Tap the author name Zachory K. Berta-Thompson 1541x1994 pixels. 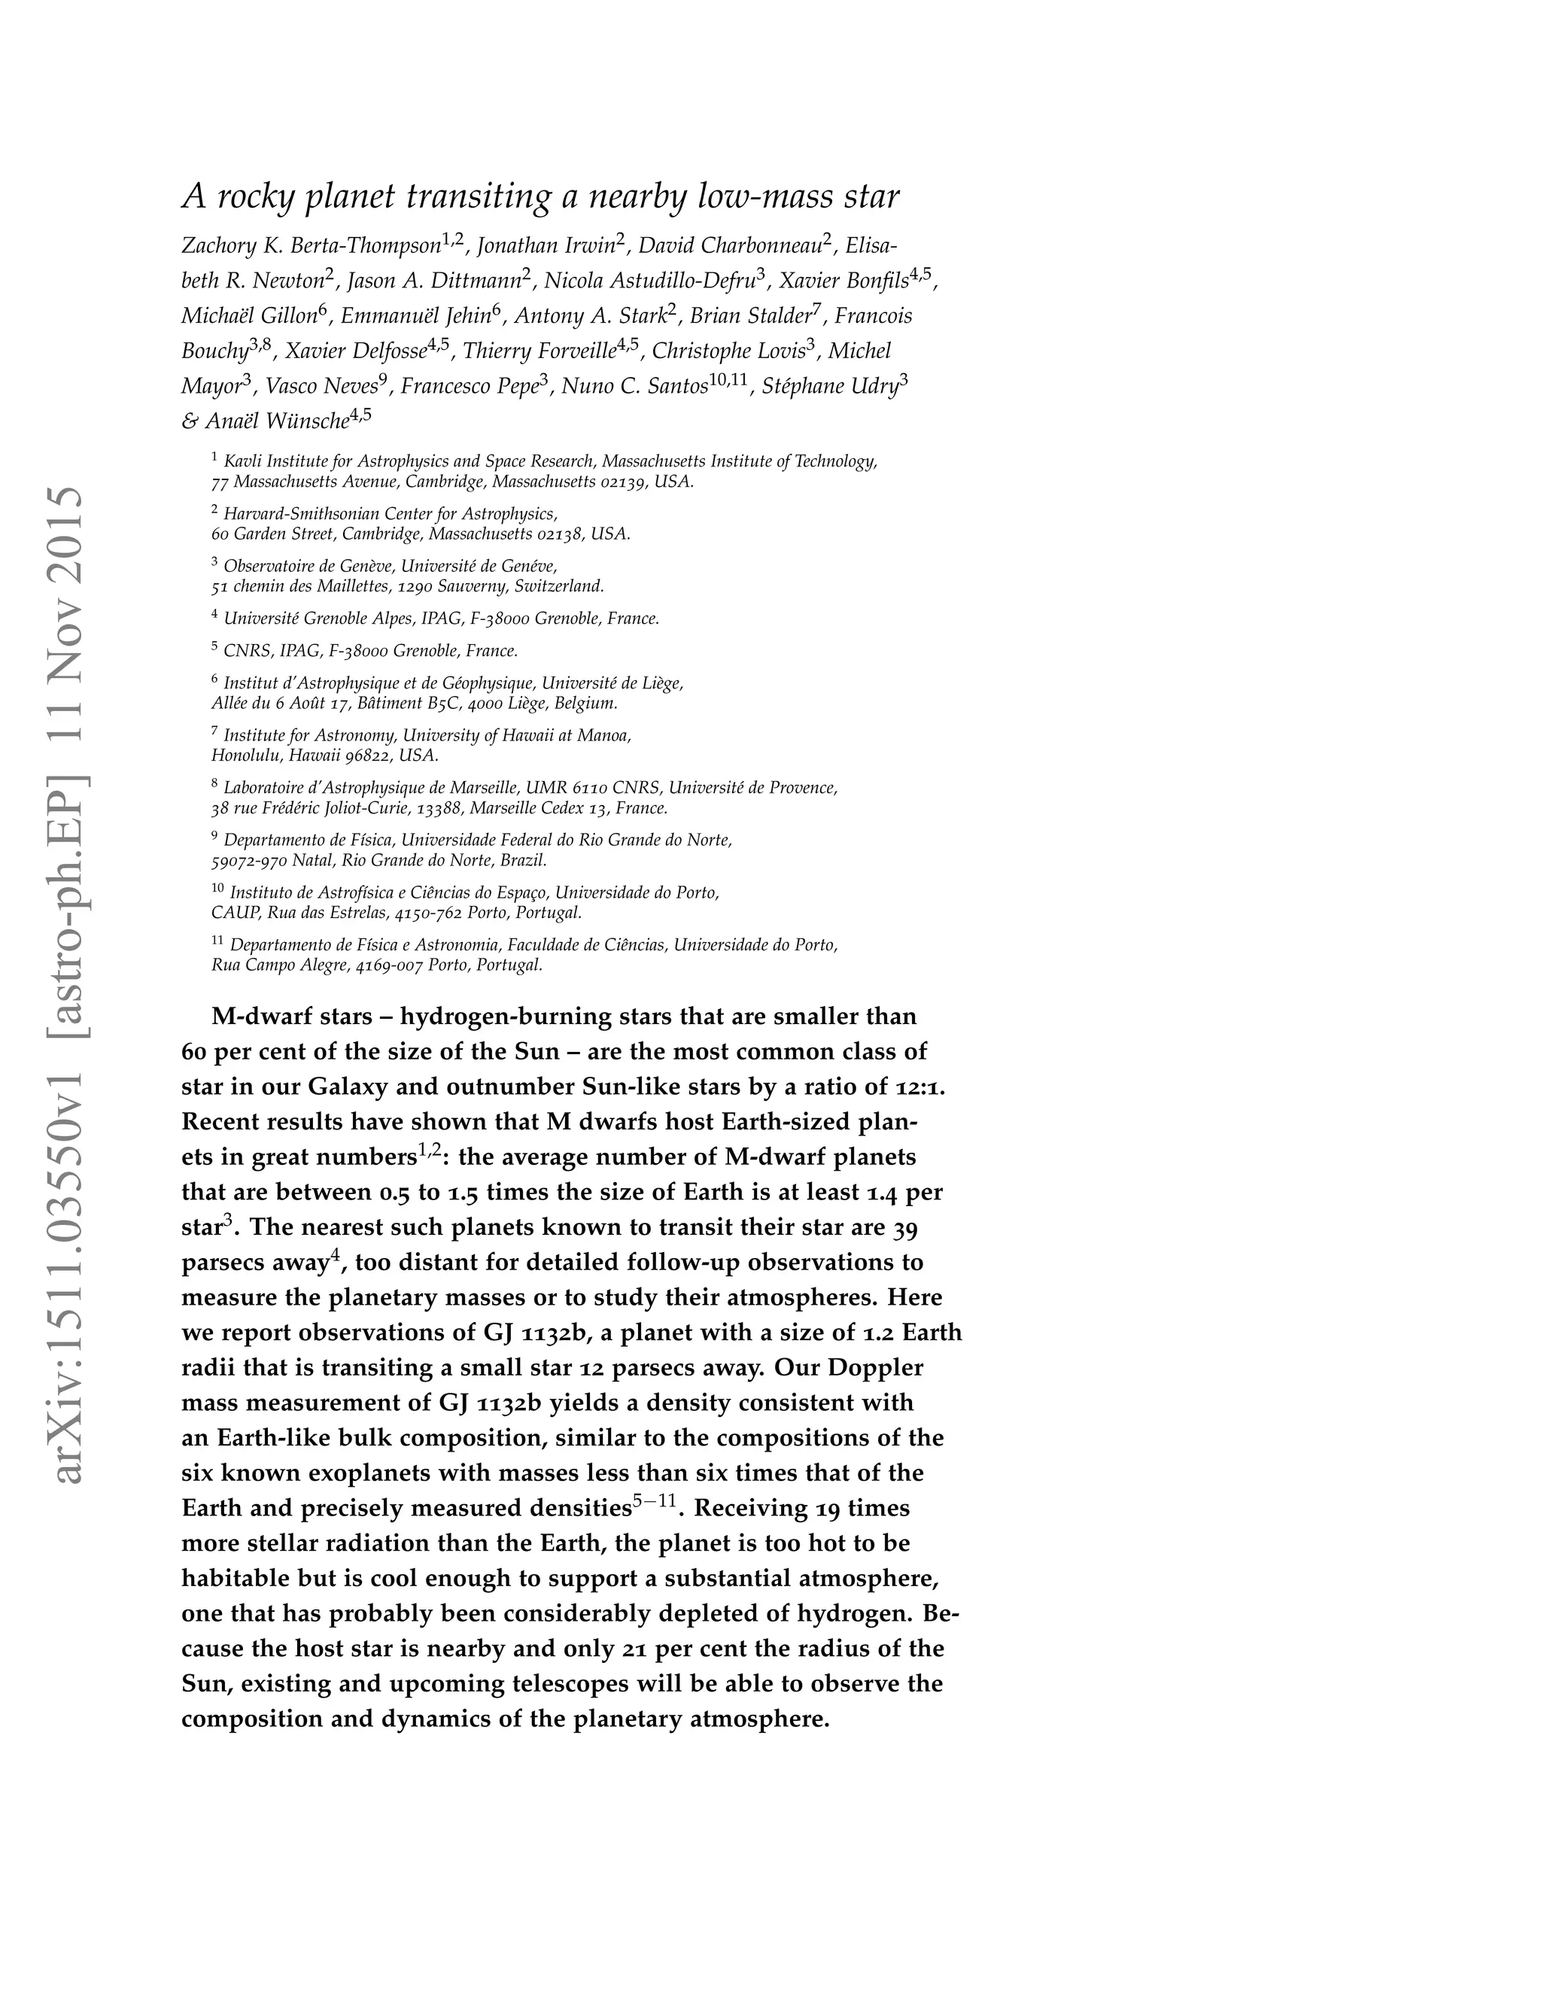coord(311,245)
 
